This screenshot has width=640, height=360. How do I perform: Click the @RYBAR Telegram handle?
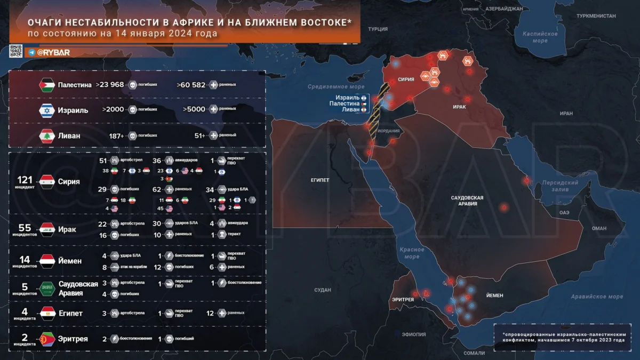53,52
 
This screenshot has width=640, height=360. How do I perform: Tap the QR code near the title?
16,52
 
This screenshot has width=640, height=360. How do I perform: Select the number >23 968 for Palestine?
110,85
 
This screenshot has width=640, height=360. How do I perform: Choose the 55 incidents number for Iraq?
25,227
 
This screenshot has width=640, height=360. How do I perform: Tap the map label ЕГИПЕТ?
320,180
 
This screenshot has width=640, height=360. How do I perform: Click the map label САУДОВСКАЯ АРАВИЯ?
467,201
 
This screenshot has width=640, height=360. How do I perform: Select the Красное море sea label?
411,253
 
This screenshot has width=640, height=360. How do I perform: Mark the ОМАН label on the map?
599,228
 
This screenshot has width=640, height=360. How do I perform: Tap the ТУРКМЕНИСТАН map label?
596,17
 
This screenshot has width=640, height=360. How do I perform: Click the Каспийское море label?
540,37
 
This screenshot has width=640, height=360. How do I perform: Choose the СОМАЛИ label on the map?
475,353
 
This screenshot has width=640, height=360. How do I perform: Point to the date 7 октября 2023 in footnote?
590,340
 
